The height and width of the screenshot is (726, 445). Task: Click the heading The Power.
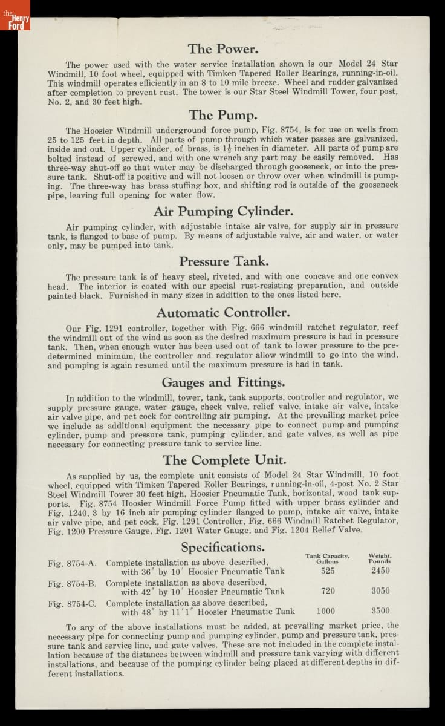point(223,49)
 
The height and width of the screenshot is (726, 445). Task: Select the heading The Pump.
point(223,115)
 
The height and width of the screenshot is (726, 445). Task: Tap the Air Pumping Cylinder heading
point(223,211)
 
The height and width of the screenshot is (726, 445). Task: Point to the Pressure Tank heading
point(223,261)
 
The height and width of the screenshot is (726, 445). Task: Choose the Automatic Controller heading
point(223,313)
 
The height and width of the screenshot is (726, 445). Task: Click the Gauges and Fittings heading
point(223,382)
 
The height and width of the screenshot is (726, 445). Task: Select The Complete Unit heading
point(223,460)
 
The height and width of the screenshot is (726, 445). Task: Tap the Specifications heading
point(223,548)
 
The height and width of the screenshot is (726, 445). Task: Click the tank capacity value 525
point(328,571)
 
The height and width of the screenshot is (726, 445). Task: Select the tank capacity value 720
point(328,591)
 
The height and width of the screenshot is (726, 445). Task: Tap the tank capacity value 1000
point(325,611)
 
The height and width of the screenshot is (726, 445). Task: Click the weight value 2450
point(380,571)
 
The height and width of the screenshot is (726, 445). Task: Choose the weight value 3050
point(380,591)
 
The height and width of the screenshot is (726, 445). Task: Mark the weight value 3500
point(380,611)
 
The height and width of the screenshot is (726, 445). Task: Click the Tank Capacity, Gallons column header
point(327,558)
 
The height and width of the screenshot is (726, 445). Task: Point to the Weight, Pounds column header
point(380,558)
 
